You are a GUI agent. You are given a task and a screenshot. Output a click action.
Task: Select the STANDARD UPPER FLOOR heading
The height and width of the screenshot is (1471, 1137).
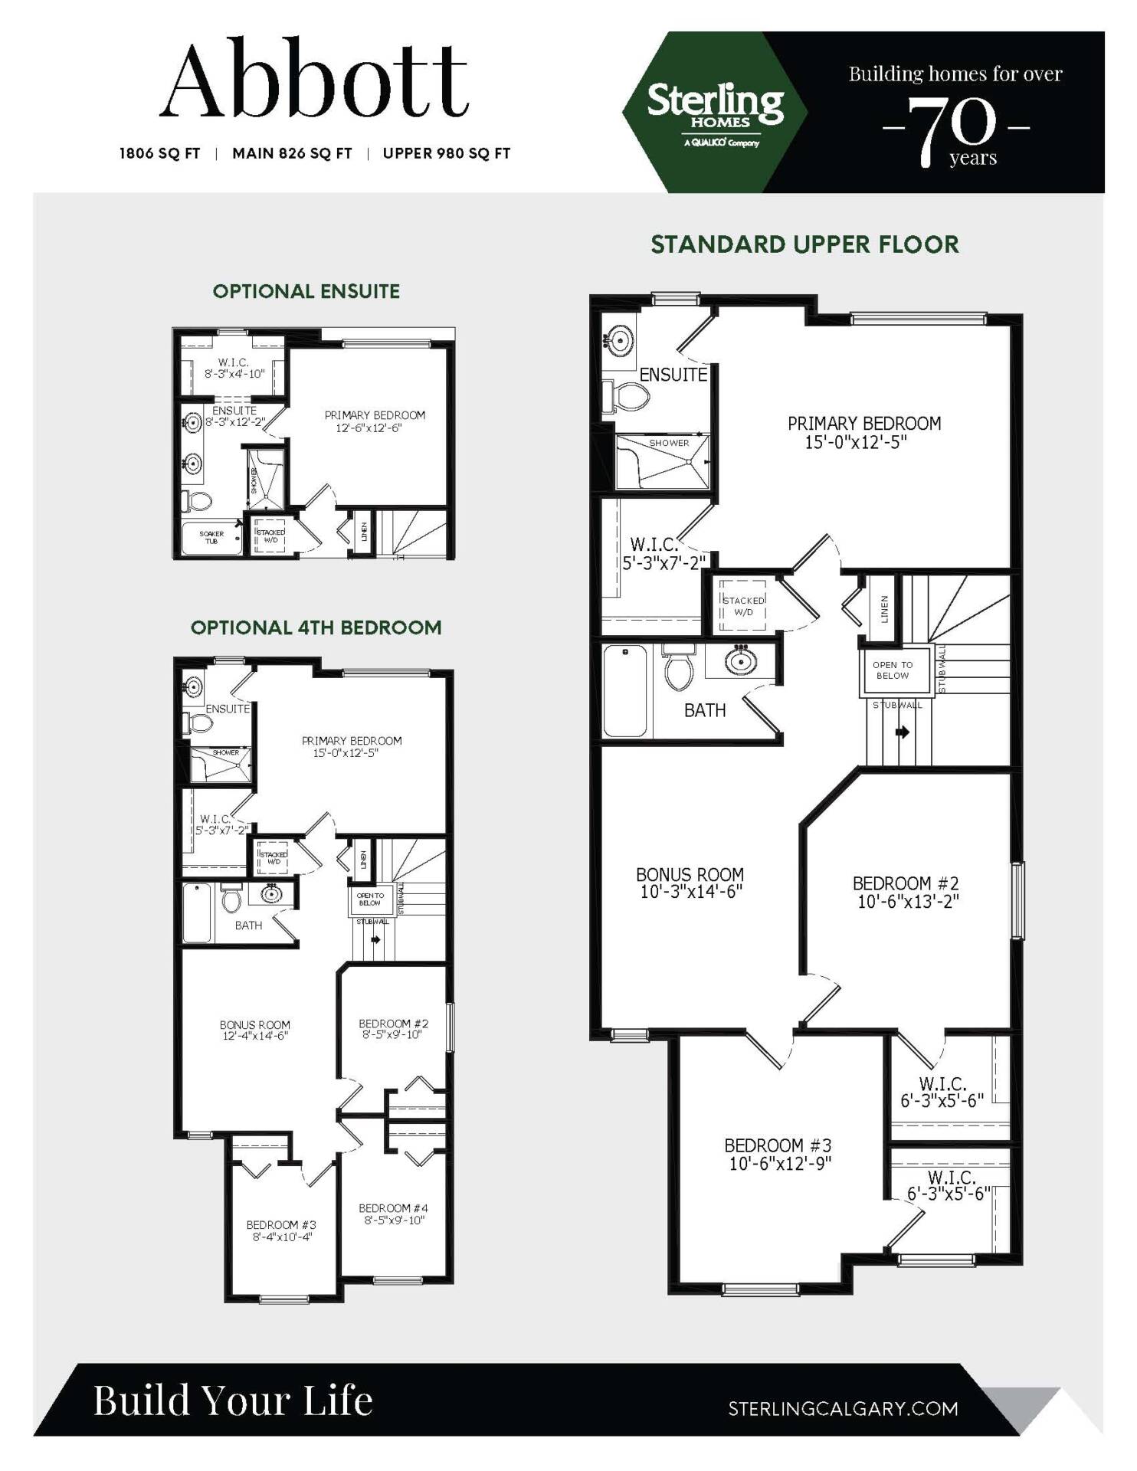(x=804, y=244)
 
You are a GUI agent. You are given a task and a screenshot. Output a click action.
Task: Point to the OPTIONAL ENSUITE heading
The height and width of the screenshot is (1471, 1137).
(x=306, y=291)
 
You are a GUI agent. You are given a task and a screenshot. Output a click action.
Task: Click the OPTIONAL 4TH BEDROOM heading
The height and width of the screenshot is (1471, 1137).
(x=316, y=627)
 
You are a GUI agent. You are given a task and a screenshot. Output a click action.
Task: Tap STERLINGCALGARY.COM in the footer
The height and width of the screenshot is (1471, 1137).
(x=843, y=1408)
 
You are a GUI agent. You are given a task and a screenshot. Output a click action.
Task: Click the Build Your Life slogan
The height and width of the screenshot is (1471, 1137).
(x=233, y=1401)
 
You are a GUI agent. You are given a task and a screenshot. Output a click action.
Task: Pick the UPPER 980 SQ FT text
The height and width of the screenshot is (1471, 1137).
(x=446, y=153)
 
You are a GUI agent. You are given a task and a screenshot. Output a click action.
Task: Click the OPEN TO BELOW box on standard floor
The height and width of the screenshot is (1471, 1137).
(x=893, y=670)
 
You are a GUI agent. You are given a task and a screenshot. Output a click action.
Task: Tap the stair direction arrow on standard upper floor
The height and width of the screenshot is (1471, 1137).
(x=903, y=732)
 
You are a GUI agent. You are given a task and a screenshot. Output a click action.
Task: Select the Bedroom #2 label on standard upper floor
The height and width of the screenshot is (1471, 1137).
(x=906, y=892)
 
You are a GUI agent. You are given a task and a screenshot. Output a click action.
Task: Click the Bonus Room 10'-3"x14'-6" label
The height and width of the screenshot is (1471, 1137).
(x=690, y=883)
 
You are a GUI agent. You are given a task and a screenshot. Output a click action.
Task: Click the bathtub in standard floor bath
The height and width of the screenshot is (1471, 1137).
(x=625, y=691)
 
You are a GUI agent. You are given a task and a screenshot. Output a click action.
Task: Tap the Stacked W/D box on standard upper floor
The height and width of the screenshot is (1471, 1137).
(x=742, y=606)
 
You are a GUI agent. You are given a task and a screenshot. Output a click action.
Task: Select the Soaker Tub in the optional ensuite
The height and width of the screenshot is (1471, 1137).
(x=211, y=538)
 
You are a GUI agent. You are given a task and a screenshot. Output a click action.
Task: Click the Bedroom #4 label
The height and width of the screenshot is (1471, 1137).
(x=393, y=1214)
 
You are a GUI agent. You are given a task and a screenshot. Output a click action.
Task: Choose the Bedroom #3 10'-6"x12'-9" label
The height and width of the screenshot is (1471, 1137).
(x=778, y=1154)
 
